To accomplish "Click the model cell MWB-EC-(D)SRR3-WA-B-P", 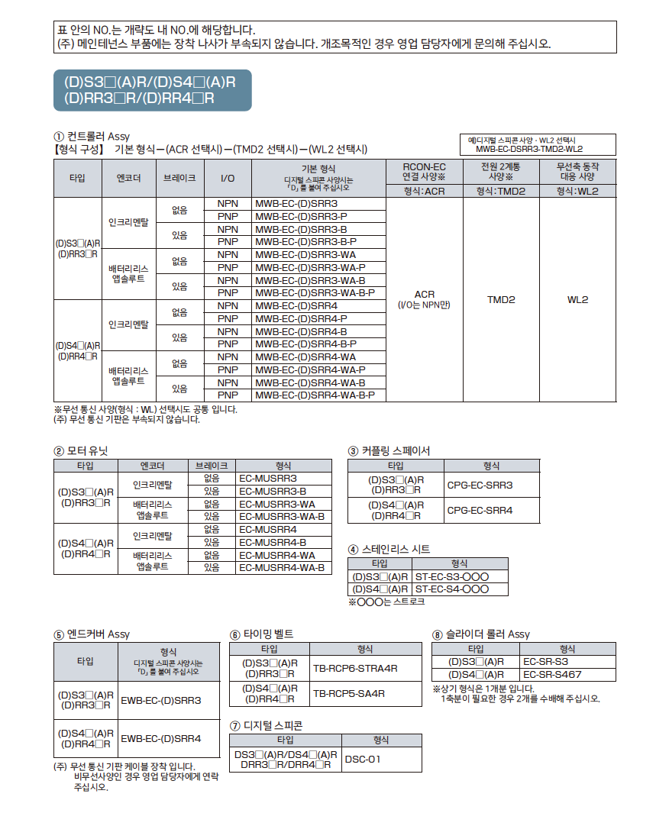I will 318,292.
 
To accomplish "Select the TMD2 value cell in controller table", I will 501,300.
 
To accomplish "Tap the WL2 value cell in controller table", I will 577,300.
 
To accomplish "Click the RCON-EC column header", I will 424,172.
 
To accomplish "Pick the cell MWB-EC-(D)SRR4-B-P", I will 318,344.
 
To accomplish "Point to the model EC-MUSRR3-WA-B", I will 283,516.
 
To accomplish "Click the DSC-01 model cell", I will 381,759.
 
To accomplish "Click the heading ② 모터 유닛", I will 81,451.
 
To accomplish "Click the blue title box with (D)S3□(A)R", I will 152,91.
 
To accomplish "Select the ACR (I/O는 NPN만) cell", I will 424,299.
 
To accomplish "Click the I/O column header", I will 228,178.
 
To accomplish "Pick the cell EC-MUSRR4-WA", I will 283,555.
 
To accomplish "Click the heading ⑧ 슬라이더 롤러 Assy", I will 480,634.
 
